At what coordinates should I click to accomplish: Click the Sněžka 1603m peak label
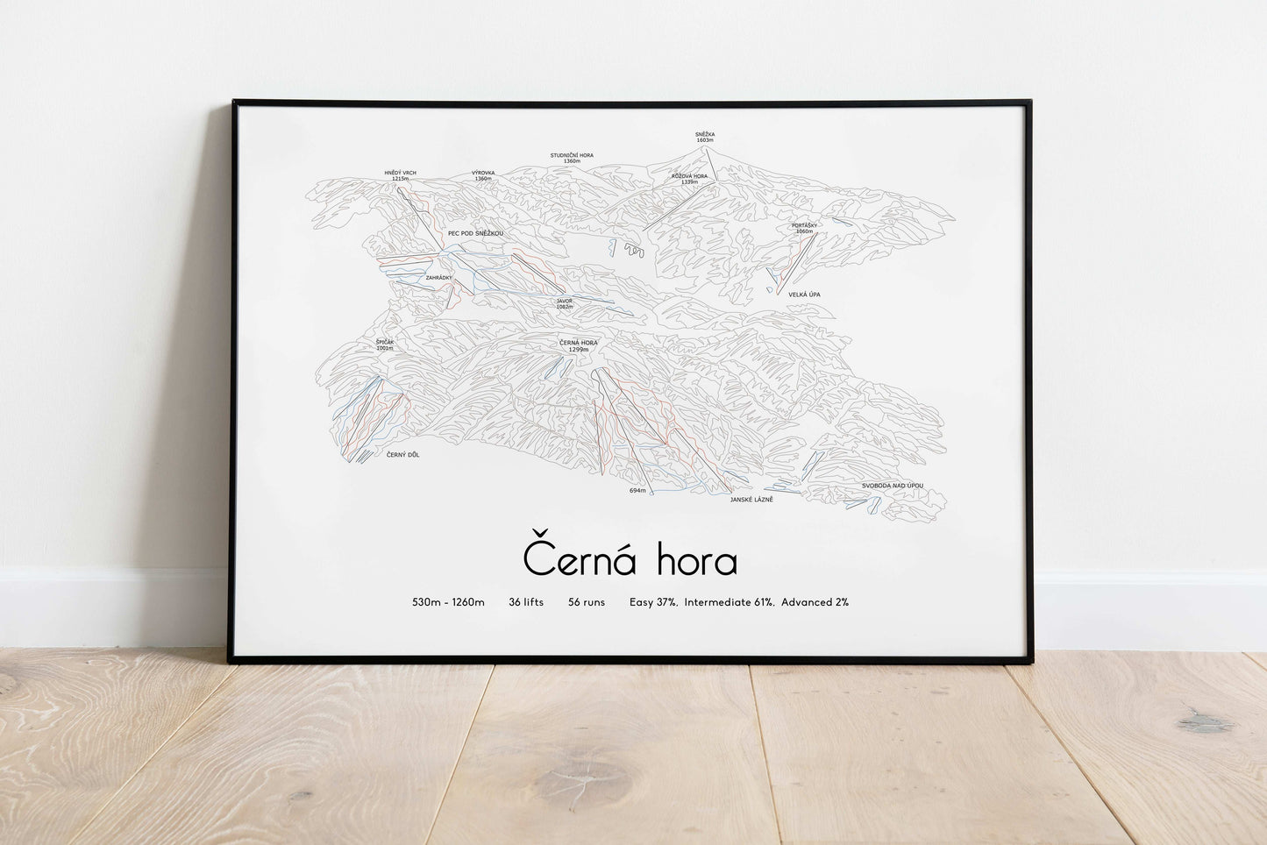click(x=705, y=137)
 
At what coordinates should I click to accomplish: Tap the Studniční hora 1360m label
click(x=572, y=158)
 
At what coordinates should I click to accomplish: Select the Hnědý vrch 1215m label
click(x=401, y=175)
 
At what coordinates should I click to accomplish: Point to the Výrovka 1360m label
click(x=483, y=175)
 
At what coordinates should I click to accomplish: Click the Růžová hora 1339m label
click(x=689, y=179)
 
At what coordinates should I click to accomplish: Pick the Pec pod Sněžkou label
click(x=475, y=233)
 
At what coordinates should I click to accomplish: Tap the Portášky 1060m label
click(x=804, y=228)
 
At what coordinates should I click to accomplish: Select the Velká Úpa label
click(x=804, y=295)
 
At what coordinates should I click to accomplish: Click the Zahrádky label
click(x=438, y=278)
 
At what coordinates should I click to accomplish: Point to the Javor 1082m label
click(x=564, y=303)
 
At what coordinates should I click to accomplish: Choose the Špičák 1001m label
click(x=385, y=344)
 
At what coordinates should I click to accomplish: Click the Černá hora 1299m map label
click(x=578, y=345)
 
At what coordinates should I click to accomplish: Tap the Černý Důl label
click(x=402, y=455)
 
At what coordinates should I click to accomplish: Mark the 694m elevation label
click(x=637, y=491)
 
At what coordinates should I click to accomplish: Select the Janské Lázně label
click(x=751, y=499)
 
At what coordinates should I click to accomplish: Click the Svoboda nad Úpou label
click(x=892, y=486)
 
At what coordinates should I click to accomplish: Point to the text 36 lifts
click(x=526, y=602)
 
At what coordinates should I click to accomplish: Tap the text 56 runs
click(x=587, y=602)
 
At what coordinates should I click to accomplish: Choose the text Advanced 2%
click(x=815, y=602)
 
